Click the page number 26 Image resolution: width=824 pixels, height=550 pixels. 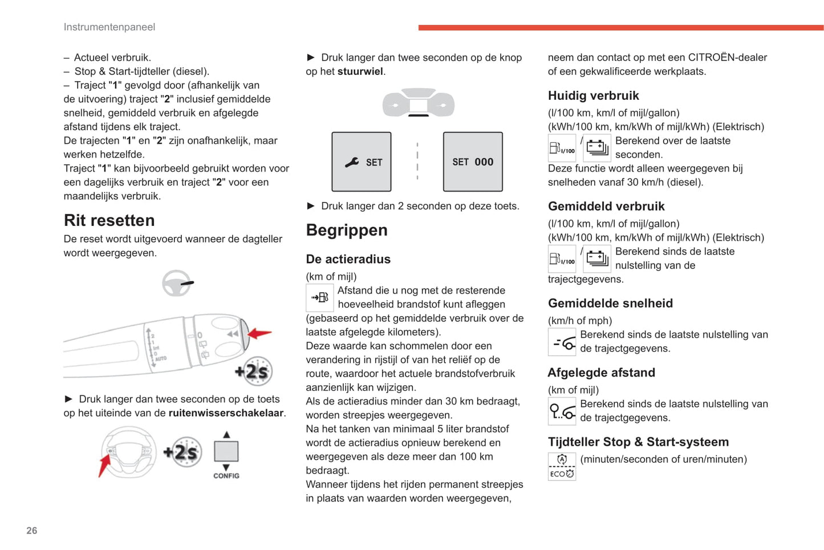32,531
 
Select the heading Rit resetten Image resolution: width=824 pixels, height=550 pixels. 109,220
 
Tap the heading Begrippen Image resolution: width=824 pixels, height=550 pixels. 347,230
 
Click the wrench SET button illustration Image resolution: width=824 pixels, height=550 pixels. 362,162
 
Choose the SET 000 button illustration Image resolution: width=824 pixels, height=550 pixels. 473,162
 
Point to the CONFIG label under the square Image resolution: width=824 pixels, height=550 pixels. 226,476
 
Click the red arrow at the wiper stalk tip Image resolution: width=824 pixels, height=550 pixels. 259,333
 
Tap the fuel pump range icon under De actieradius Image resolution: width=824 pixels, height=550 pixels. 320,297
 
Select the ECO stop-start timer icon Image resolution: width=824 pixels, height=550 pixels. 562,466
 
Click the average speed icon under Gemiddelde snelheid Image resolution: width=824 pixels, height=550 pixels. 562,342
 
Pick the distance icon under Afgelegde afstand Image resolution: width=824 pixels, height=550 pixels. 562,411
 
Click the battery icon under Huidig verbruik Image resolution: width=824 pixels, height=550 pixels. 597,148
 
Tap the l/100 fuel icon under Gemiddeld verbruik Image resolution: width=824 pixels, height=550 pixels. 562,259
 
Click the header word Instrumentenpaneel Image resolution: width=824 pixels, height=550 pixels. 109,27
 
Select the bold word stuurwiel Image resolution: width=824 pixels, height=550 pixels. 360,71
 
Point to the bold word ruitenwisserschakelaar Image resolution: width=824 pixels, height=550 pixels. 226,413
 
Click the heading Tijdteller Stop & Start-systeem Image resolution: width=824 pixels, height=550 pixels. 638,442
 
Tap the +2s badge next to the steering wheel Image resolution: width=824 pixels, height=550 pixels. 182,452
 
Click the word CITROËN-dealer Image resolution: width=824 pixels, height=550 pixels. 728,58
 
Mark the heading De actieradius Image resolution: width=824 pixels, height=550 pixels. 348,259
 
